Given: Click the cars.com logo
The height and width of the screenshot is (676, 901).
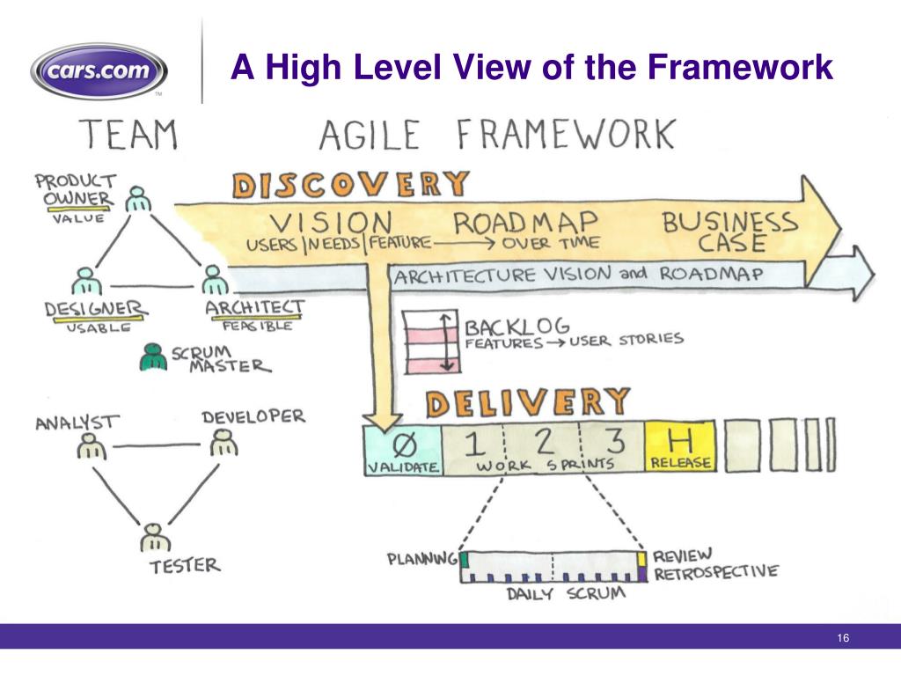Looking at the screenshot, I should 99,70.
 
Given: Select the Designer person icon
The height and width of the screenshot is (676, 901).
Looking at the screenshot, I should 84,282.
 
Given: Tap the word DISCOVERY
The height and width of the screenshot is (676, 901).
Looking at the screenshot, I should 350,185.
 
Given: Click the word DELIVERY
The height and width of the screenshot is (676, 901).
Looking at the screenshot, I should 528,402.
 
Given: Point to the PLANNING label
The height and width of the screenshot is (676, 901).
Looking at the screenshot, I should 422,559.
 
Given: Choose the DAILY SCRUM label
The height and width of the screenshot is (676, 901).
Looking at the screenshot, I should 565,593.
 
